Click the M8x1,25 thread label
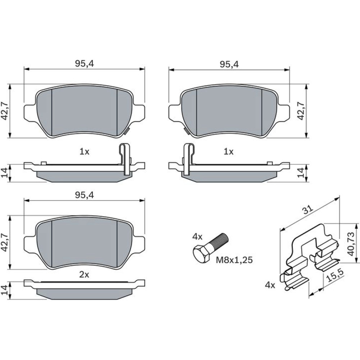234,260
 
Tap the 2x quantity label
84,275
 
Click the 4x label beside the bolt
197,237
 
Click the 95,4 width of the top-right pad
229,64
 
